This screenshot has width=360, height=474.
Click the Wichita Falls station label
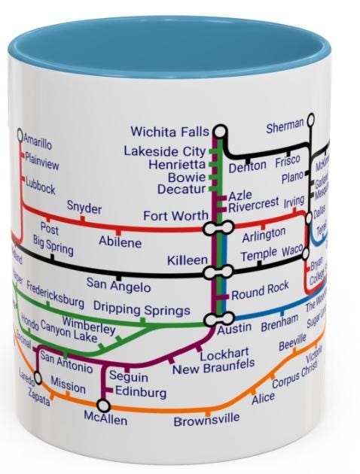click(x=171, y=133)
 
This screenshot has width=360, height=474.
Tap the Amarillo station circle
click(x=20, y=135)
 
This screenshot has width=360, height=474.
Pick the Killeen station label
click(x=187, y=260)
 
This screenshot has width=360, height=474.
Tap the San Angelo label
click(x=118, y=285)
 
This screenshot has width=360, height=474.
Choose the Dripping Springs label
click(x=142, y=309)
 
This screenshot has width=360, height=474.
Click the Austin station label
click(x=234, y=330)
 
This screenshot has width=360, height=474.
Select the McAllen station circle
click(x=104, y=406)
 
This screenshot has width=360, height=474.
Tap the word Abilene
click(x=120, y=242)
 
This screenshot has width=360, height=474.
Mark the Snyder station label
click(x=84, y=208)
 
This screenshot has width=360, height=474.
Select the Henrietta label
click(x=176, y=164)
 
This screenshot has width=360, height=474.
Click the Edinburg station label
click(x=142, y=392)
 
